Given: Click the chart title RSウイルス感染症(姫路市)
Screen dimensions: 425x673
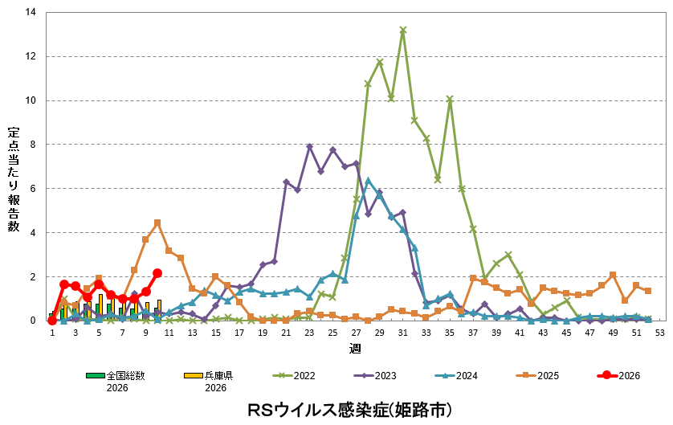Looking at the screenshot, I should click(349, 410).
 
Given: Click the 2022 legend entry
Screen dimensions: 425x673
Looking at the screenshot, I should click(299, 375).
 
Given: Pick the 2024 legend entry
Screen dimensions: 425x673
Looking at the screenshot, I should click(458, 375).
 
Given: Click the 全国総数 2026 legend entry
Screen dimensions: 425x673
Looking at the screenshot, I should click(125, 380).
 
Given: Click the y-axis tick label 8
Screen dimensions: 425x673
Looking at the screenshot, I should click(33, 145).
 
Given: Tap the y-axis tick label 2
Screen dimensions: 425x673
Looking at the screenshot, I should click(33, 276).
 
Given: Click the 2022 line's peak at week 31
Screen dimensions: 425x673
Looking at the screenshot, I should click(403, 31).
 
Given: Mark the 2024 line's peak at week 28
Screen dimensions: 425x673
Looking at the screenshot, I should click(368, 181).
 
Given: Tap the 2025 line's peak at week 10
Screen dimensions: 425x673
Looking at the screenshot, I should click(157, 223).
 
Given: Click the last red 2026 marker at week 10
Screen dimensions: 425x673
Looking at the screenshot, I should click(157, 273).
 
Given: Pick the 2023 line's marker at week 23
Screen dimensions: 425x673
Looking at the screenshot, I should click(309, 147).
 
